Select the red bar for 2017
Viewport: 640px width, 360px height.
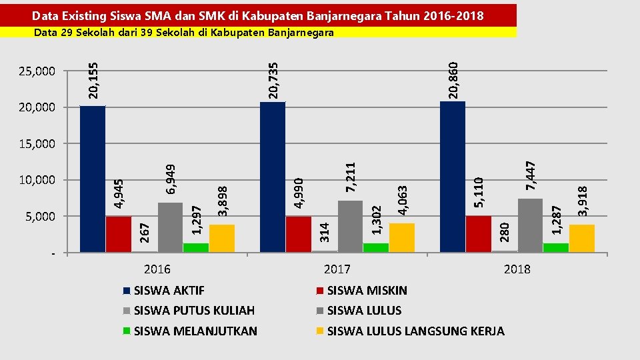pyautogui.click(x=299, y=234)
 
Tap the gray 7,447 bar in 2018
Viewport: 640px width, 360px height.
pyautogui.click(x=530, y=225)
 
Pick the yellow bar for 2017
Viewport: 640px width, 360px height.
pyautogui.click(x=402, y=237)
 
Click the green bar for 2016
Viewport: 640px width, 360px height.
pyautogui.click(x=196, y=247)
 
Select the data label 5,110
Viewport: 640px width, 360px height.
pyautogui.click(x=479, y=191)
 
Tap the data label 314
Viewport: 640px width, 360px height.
pyautogui.click(x=325, y=231)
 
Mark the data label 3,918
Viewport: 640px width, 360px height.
pyautogui.click(x=583, y=201)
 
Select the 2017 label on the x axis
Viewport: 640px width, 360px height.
pyautogui.click(x=337, y=269)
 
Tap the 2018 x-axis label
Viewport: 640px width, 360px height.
pyautogui.click(x=517, y=269)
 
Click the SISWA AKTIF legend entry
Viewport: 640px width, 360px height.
pyautogui.click(x=169, y=291)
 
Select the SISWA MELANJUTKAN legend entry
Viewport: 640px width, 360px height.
pyautogui.click(x=195, y=331)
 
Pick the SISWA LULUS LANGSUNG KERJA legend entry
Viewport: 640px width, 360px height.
pyautogui.click(x=415, y=331)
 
